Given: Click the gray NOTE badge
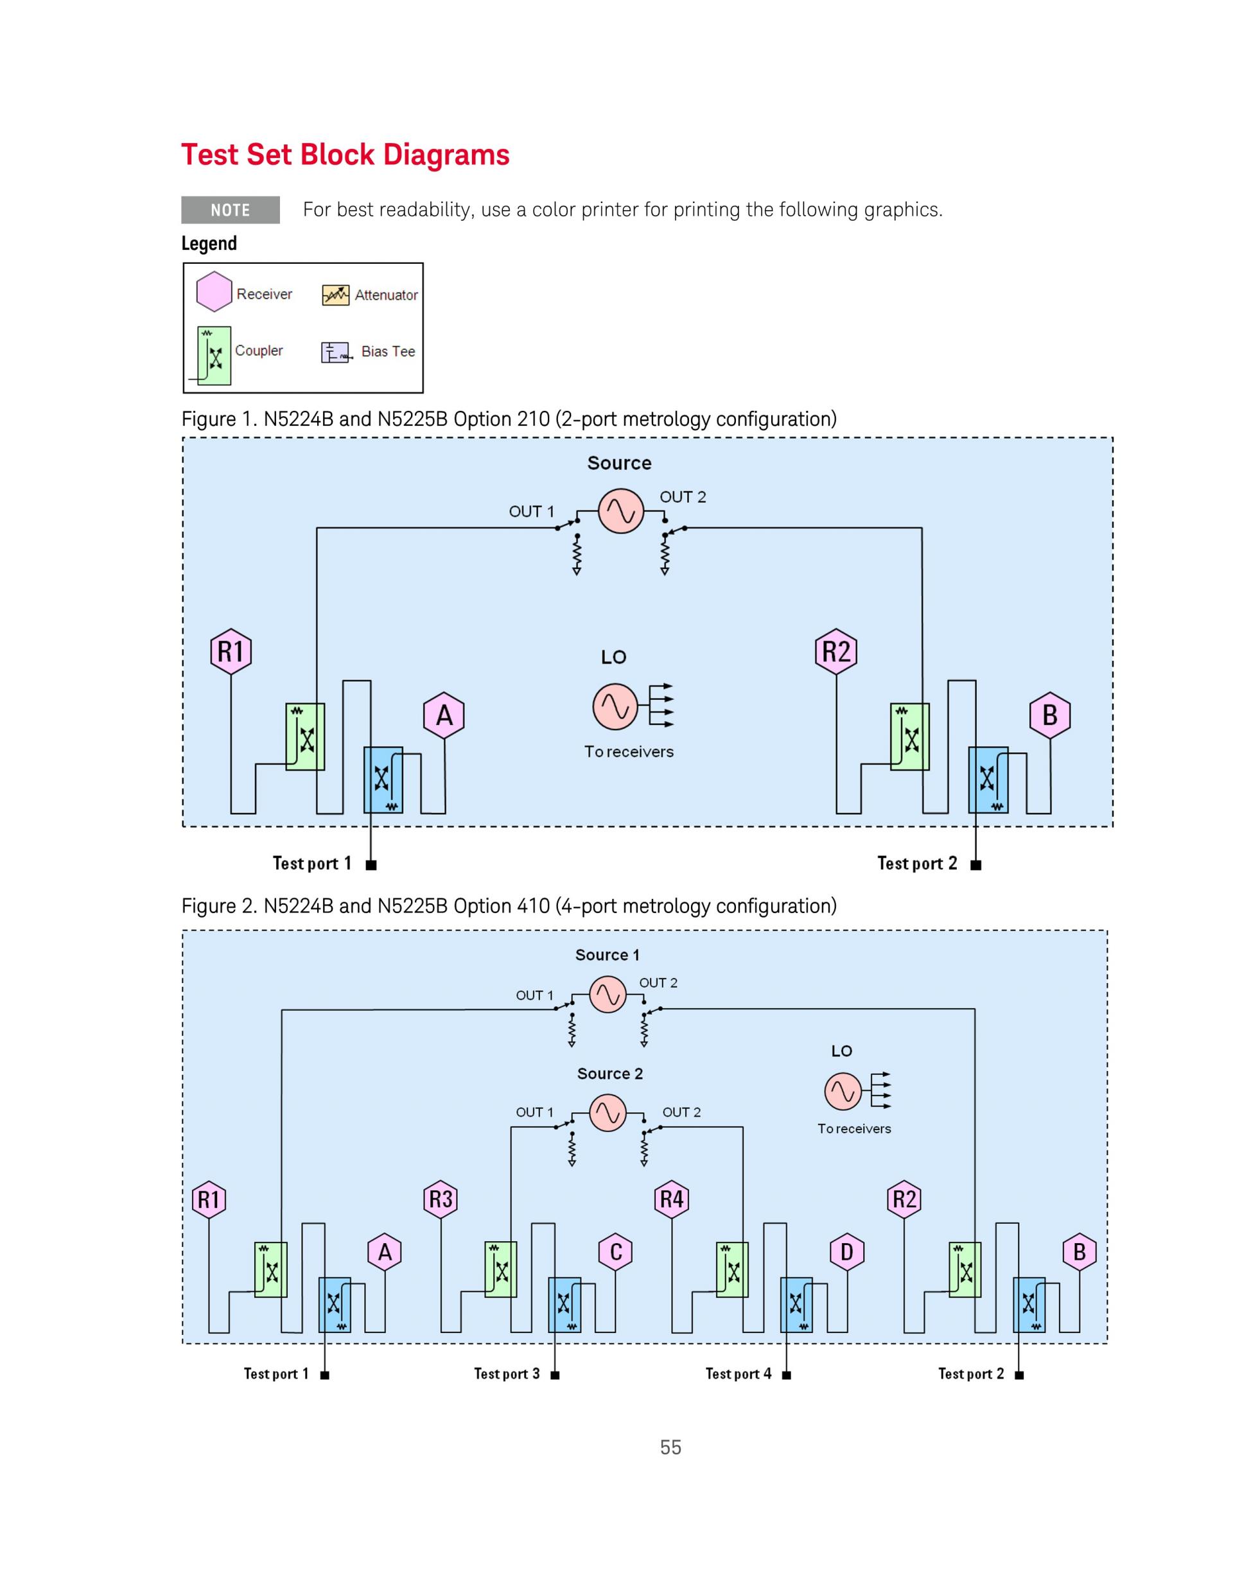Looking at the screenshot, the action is tap(230, 209).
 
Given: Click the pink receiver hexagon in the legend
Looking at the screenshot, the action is tap(214, 292).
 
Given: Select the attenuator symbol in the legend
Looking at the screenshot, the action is tap(336, 295).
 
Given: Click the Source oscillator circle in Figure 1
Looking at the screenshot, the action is tap(621, 510).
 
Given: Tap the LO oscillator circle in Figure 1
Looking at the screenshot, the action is tap(615, 706).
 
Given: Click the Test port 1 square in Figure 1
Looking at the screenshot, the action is tap(371, 866).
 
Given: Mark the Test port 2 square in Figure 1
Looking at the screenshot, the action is tap(976, 866).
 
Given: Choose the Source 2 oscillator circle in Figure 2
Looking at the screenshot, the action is tap(608, 1112).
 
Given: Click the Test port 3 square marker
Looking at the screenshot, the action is tap(555, 1375).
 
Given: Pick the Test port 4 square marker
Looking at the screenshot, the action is tap(787, 1375).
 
